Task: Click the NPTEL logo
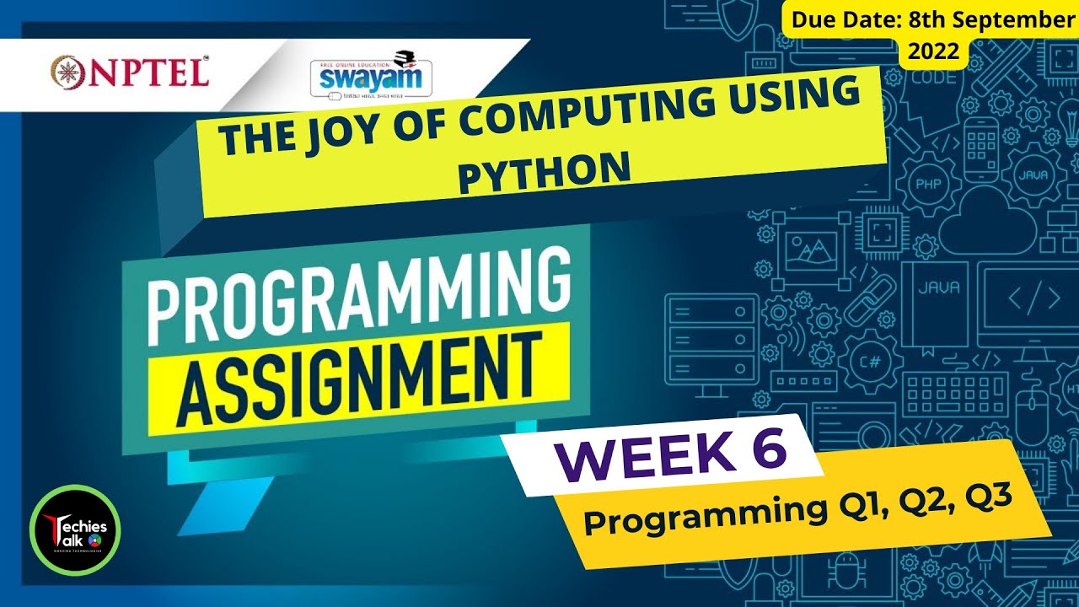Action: (131, 71)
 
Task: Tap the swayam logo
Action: (372, 78)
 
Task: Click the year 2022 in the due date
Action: (933, 51)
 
